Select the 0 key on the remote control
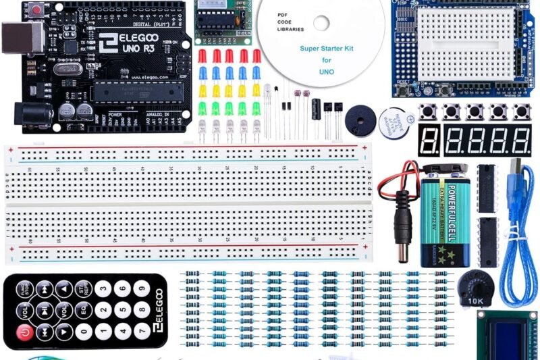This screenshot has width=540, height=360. click(84, 332)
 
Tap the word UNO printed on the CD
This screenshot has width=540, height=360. click(327, 70)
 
